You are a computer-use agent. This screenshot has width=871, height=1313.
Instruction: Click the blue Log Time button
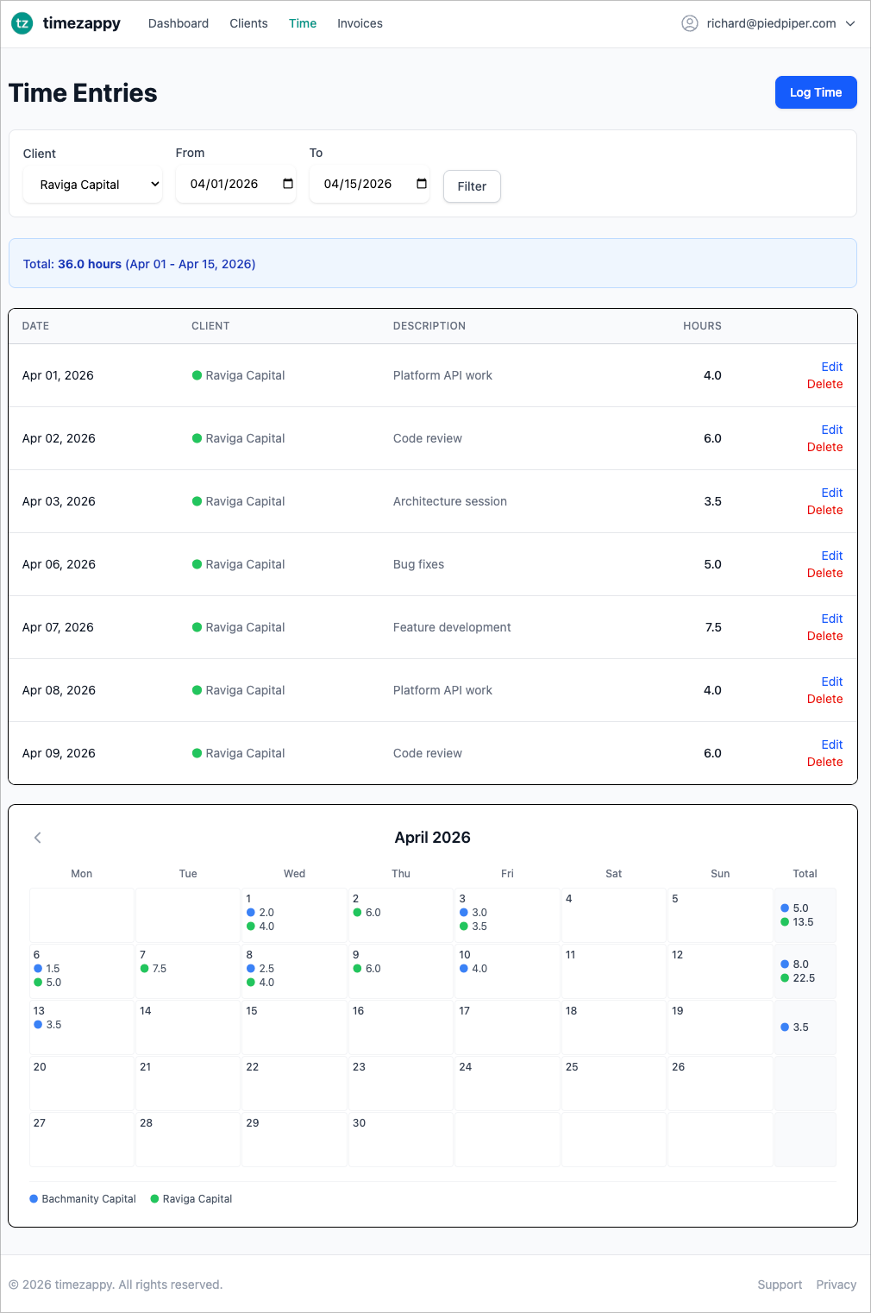[x=815, y=92]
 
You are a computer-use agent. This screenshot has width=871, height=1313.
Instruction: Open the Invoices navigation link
[x=360, y=23]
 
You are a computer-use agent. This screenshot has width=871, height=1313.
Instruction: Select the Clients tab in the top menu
[x=248, y=23]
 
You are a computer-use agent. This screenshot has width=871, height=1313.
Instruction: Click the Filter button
[x=472, y=186]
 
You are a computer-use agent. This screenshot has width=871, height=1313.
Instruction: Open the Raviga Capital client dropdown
[x=92, y=185]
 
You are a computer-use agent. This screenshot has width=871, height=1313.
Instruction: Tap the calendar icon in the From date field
[x=288, y=184]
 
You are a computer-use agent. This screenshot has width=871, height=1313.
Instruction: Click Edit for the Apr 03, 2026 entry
[x=831, y=493]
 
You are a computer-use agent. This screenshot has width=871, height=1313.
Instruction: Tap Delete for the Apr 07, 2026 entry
[x=824, y=636]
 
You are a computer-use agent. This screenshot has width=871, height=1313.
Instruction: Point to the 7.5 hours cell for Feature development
[x=713, y=627]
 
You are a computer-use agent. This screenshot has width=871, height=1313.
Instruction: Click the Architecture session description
[x=449, y=501]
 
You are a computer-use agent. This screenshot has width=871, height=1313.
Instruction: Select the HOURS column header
[x=702, y=326]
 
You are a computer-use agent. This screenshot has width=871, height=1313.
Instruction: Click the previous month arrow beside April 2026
[x=38, y=838]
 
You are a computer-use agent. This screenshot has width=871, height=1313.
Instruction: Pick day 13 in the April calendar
[x=39, y=1011]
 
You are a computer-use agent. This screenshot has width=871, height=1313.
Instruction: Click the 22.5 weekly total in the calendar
[x=804, y=978]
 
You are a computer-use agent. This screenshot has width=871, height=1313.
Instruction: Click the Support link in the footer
[x=780, y=1285]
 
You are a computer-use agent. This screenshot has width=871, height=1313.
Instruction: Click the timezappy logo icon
[x=22, y=23]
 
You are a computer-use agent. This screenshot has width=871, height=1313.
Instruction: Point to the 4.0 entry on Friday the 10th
[x=479, y=969]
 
